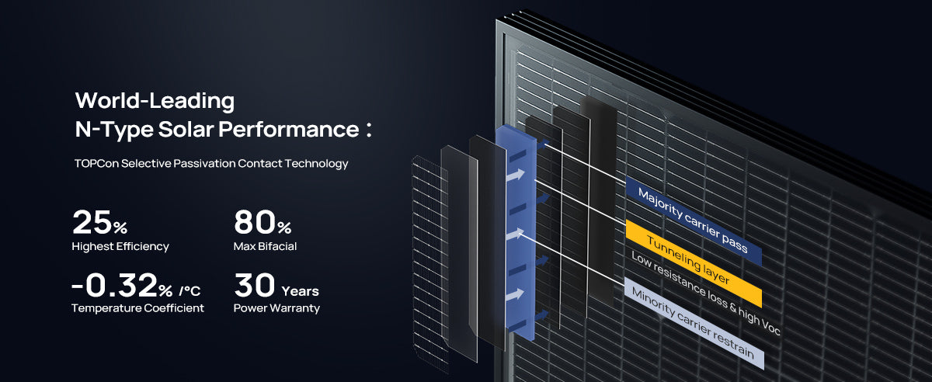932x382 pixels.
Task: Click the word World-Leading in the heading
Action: coord(155,101)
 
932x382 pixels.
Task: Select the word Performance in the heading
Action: coord(289,129)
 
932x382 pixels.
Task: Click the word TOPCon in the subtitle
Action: coord(96,164)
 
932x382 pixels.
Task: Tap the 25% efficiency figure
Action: coord(100,222)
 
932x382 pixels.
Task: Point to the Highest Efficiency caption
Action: coord(120,247)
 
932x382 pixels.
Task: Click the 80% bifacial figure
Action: coord(263,222)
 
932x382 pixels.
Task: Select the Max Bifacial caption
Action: coord(265,246)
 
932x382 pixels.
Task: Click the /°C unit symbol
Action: coord(190,291)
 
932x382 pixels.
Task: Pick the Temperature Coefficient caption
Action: coord(137,308)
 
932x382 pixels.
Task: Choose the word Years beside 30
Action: coord(300,291)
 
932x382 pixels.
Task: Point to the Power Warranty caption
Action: coord(276,308)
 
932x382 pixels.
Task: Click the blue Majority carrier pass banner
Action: coord(694,221)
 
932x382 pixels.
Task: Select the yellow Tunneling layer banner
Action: coord(694,264)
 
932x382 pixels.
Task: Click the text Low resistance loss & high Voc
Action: coord(706,293)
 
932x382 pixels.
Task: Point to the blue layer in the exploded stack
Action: coord(516,233)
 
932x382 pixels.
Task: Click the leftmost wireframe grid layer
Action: coord(430,264)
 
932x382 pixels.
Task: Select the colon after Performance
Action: coord(369,130)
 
